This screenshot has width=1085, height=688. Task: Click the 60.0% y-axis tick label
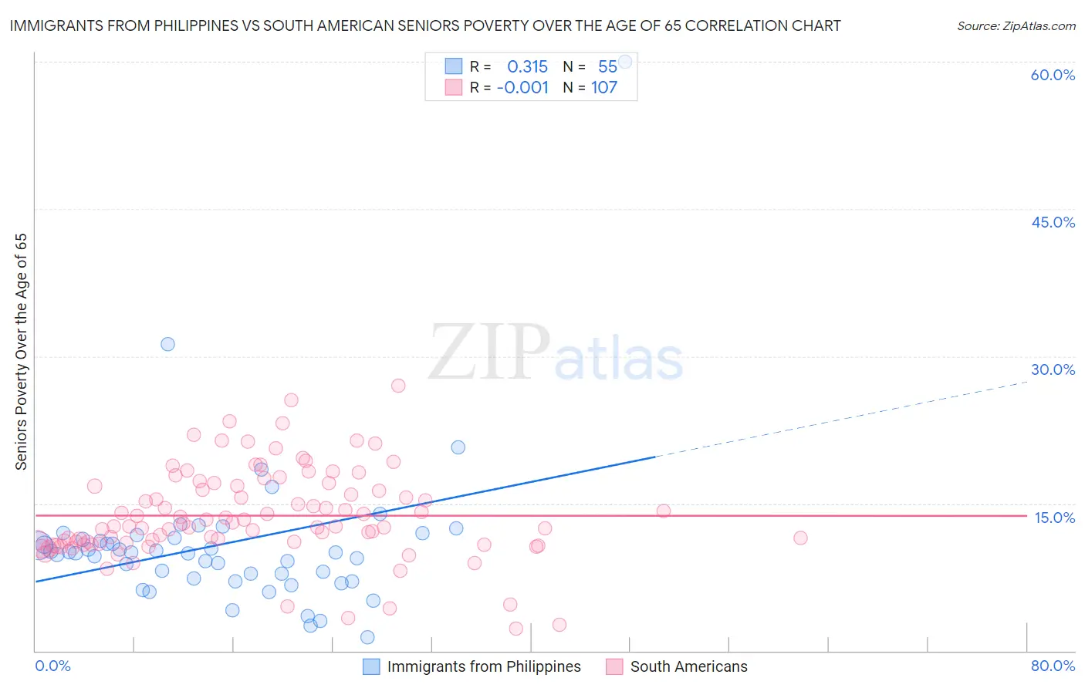[1053, 75]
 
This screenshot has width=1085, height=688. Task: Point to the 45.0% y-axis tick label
[1053, 222]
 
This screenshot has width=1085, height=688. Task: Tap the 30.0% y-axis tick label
[1053, 369]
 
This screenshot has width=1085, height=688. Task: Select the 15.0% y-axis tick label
[1054, 518]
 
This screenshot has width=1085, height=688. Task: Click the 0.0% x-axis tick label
[52, 666]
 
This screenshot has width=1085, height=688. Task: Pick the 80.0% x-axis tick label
[1053, 666]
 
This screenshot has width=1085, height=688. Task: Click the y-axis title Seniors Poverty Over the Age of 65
[21, 352]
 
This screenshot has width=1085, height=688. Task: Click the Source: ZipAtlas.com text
[1016, 25]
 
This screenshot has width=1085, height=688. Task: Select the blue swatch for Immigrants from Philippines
[371, 666]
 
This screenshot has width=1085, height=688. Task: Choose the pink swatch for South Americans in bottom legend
[614, 666]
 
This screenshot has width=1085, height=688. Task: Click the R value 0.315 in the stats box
[527, 67]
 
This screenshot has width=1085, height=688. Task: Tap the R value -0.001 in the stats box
[522, 88]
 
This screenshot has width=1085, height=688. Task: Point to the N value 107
[604, 88]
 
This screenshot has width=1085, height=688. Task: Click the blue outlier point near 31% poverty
[167, 344]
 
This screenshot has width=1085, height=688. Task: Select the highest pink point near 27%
[398, 386]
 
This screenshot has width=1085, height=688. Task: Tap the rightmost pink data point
[800, 538]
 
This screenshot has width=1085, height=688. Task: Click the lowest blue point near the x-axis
[367, 637]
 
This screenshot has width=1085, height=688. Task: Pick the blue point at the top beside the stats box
[625, 62]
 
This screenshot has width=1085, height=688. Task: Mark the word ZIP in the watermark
[488, 352]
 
